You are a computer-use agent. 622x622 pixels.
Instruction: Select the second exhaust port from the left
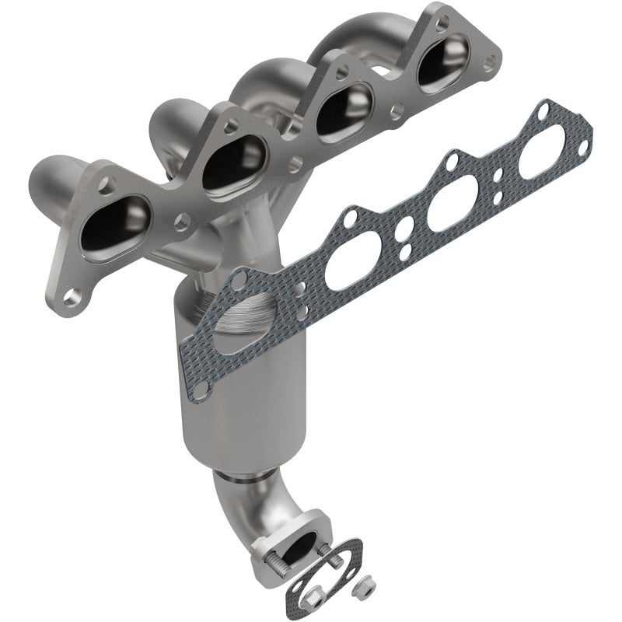pos(231,159)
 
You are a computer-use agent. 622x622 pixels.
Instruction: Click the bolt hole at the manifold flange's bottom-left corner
pos(72,296)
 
